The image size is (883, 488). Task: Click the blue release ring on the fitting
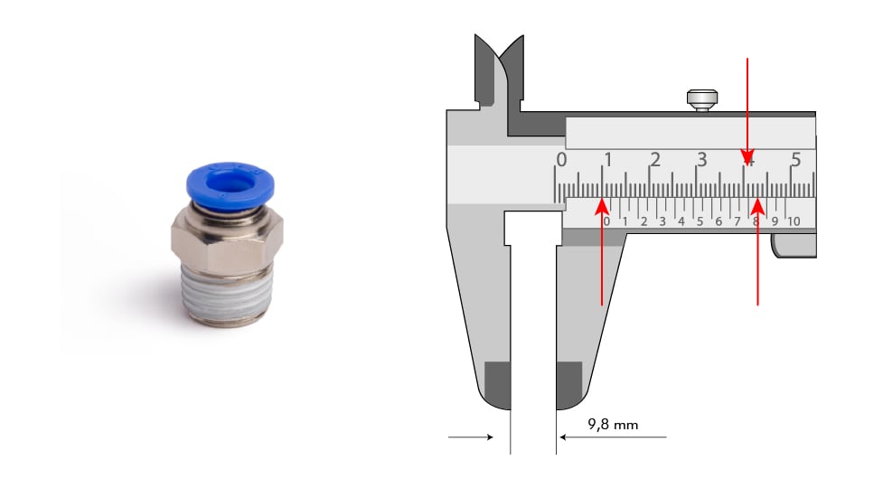tap(230, 182)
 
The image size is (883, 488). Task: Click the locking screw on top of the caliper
tap(702, 100)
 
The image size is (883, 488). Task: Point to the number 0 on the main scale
tap(561, 161)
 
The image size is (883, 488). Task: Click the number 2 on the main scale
tap(655, 160)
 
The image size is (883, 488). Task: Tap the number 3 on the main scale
tap(701, 160)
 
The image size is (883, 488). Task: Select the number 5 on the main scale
tap(795, 160)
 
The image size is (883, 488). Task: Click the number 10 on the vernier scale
tap(794, 221)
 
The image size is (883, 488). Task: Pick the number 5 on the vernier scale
tap(700, 221)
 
